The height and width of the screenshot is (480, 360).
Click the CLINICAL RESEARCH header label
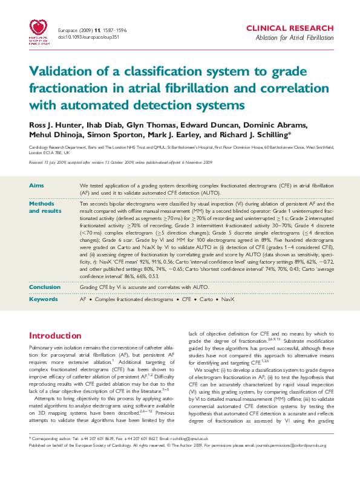click(x=289, y=28)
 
